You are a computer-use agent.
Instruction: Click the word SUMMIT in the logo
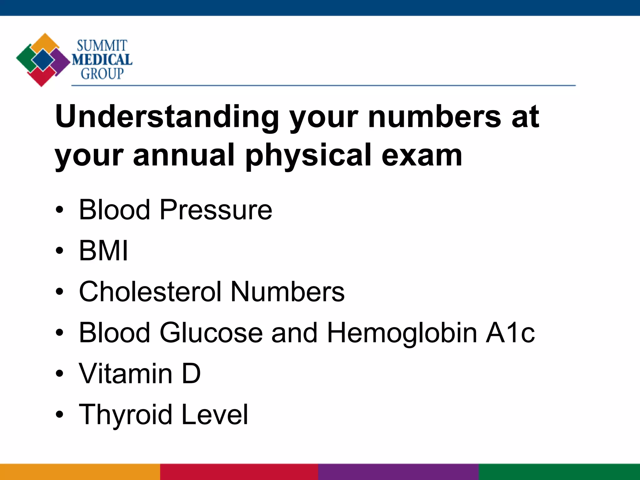point(102,46)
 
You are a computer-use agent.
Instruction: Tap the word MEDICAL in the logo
point(102,60)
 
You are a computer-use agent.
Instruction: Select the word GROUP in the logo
point(102,74)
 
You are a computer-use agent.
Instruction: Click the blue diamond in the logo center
point(43,60)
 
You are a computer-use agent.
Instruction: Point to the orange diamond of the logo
point(46,42)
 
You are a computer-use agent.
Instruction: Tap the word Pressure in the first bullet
point(216,210)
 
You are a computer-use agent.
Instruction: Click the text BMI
point(103,251)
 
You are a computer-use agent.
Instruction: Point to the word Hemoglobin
point(402,332)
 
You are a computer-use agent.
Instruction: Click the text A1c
point(510,332)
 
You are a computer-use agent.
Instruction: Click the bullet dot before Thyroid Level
point(59,415)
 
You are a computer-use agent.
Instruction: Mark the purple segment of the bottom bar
point(398,472)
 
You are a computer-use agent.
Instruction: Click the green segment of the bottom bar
point(559,472)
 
